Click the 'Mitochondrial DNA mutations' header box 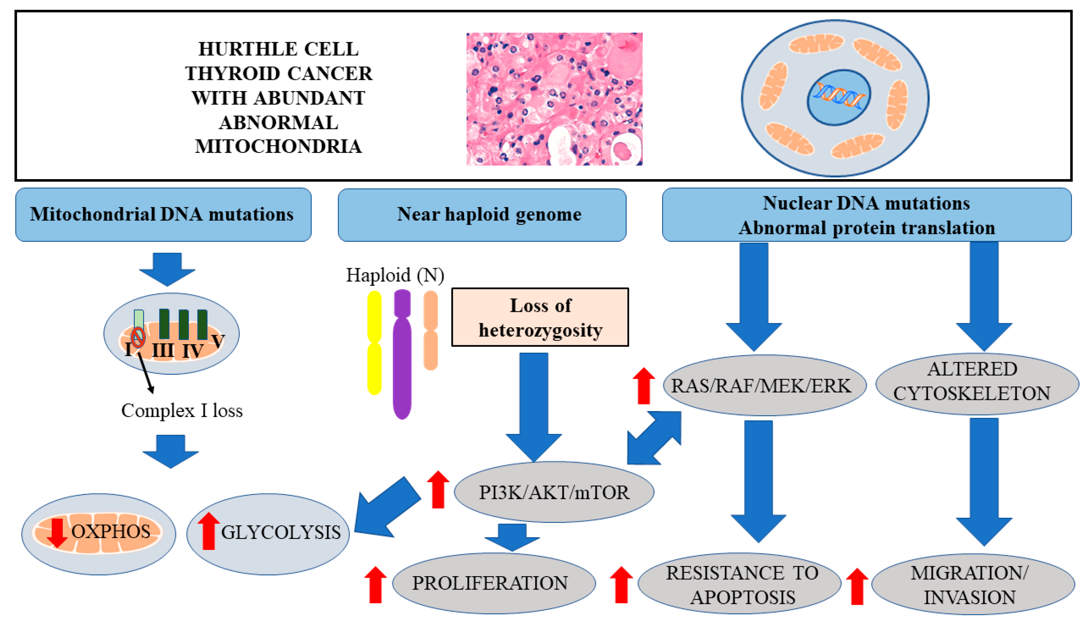163,214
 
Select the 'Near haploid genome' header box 482,214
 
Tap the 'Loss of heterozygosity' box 540,317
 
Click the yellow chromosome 374,343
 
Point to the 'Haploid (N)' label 395,275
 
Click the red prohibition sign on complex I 138,337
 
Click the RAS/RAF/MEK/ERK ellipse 761,385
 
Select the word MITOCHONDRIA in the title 278,146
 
